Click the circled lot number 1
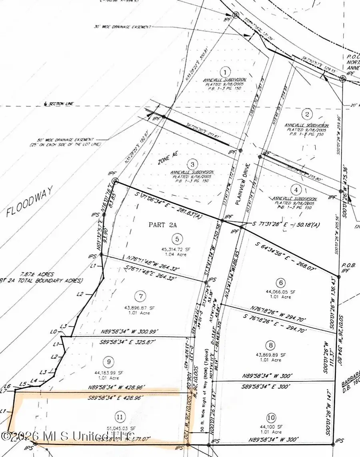coord(226,72)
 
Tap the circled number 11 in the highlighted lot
coord(119,417)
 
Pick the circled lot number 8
coord(271,345)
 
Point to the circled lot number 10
coord(271,418)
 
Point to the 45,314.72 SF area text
coord(176,249)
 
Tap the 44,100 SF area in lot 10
coord(271,427)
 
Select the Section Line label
coord(60,104)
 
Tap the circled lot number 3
coord(193,164)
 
